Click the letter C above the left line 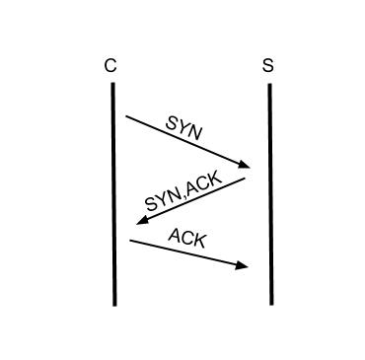click(x=109, y=66)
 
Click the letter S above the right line click(x=268, y=66)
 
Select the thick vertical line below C click(x=114, y=197)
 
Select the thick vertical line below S click(x=269, y=197)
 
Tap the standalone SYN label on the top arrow click(x=184, y=127)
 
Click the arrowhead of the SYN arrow click(x=244, y=165)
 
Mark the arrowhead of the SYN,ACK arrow click(x=142, y=220)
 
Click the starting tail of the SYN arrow click(x=126, y=116)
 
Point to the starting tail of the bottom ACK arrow click(x=130, y=241)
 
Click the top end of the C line click(x=113, y=85)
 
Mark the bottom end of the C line click(x=114, y=304)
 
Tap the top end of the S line click(x=269, y=86)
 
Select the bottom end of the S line click(x=270, y=303)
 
